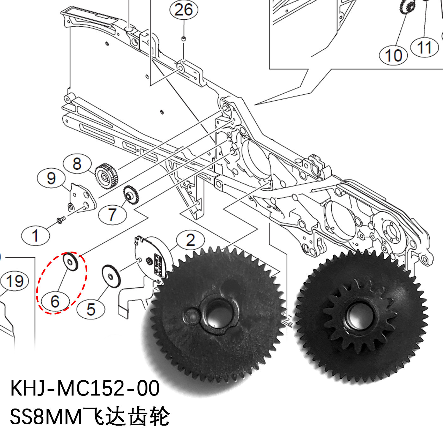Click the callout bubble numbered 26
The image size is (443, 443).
pos(184,10)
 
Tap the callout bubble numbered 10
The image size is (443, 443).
pos(393,55)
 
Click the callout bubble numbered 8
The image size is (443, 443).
pos(77,164)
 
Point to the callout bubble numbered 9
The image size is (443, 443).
pos(51,178)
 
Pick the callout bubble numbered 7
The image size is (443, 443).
pos(112,214)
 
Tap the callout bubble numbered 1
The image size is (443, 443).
pos(35,236)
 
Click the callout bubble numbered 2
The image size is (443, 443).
pos(190,240)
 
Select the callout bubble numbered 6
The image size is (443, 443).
pos(55,301)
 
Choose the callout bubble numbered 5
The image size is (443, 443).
pos(91,309)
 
